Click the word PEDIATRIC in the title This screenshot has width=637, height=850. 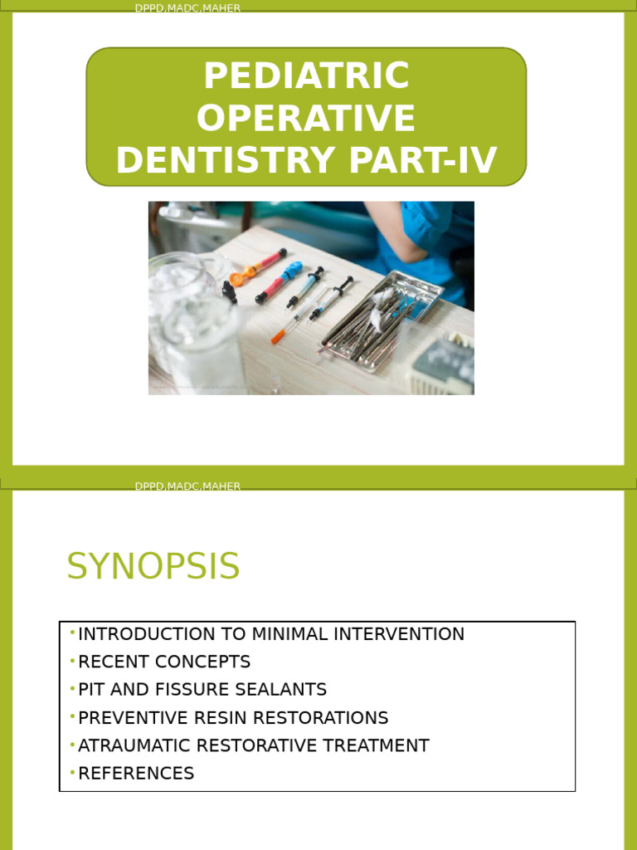[306, 76]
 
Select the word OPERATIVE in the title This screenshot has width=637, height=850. [306, 119]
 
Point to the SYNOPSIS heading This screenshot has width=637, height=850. [153, 567]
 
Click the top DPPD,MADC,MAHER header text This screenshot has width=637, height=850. [187, 8]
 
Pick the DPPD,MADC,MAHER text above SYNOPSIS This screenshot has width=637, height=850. [187, 486]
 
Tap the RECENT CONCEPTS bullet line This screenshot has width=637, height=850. [163, 662]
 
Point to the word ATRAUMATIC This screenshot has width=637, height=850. [133, 745]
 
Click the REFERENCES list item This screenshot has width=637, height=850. [136, 774]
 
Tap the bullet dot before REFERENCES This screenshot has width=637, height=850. [72, 772]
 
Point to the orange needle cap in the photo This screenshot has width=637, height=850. [278, 335]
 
